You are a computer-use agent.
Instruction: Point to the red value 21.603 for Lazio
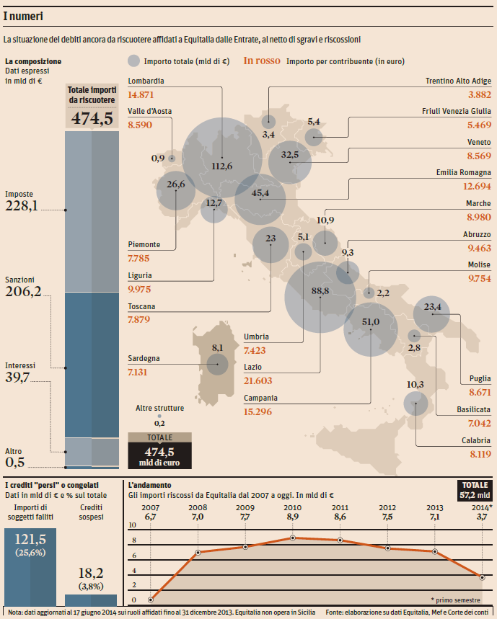(258, 380)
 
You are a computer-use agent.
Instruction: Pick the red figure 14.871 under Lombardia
(141, 95)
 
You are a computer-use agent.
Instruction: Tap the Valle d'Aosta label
(149, 111)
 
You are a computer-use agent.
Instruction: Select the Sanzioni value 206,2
(23, 292)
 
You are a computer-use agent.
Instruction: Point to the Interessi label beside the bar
(19, 365)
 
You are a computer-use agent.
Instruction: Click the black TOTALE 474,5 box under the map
(159, 450)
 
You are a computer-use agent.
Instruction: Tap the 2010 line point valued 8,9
(292, 538)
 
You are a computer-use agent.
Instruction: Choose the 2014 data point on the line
(482, 576)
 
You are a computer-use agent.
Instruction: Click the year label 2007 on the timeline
(150, 507)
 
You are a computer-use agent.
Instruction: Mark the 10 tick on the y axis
(133, 525)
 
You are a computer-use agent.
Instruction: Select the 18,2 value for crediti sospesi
(90, 574)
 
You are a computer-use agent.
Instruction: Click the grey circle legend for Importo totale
(133, 61)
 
